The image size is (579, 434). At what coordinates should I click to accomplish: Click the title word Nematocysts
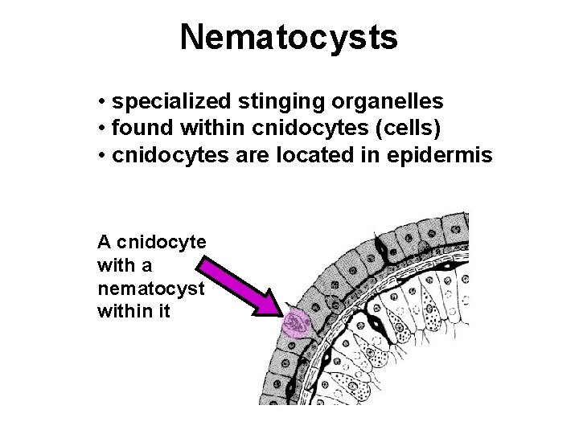point(289,36)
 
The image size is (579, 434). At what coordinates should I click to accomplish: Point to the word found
point(138,129)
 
